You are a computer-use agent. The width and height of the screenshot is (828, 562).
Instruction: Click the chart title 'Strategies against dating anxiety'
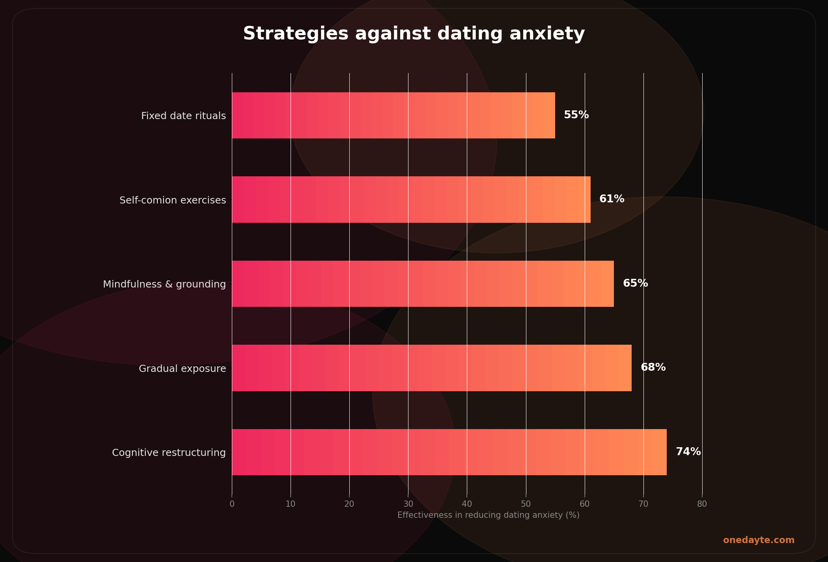pyautogui.click(x=414, y=34)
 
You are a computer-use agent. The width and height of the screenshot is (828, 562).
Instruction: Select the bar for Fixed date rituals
pyautogui.click(x=393, y=116)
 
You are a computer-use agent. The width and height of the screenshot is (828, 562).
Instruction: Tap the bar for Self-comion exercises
pyautogui.click(x=411, y=200)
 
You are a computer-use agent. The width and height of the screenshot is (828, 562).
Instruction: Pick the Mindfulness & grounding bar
pyautogui.click(x=423, y=284)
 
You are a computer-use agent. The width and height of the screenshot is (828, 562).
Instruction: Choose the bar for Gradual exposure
pyautogui.click(x=431, y=368)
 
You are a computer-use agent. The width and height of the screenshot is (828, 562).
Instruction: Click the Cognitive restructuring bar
pyautogui.click(x=449, y=452)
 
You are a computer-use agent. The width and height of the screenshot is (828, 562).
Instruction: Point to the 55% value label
pyautogui.click(x=576, y=115)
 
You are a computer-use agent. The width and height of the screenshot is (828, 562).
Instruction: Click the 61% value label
pyautogui.click(x=612, y=199)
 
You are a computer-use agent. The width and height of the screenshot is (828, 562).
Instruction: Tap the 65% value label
pyautogui.click(x=635, y=284)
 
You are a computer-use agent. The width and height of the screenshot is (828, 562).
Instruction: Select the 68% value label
pyautogui.click(x=653, y=368)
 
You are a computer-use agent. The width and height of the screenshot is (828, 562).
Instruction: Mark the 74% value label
pyautogui.click(x=688, y=452)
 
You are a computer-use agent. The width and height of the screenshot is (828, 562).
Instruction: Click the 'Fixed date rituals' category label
pyautogui.click(x=183, y=116)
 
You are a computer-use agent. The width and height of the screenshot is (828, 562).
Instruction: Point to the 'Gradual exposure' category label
pyautogui.click(x=182, y=369)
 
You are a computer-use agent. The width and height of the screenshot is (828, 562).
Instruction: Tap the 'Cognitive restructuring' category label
pyautogui.click(x=169, y=453)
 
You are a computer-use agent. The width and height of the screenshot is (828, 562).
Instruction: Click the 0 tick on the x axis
pyautogui.click(x=232, y=504)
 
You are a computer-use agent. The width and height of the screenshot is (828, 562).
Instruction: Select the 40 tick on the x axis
pyautogui.click(x=467, y=504)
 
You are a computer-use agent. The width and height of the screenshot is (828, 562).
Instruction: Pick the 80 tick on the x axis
pyautogui.click(x=702, y=504)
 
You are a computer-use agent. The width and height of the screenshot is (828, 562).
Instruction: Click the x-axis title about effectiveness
pyautogui.click(x=488, y=515)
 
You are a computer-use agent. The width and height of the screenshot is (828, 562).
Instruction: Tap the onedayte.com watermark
pyautogui.click(x=759, y=540)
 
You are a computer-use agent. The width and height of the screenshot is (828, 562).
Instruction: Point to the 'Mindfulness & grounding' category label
pyautogui.click(x=164, y=284)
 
